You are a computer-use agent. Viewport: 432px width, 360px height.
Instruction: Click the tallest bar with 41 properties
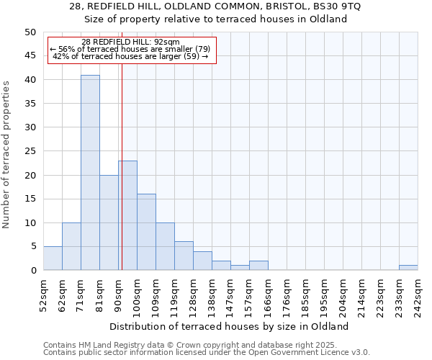[x=90, y=173]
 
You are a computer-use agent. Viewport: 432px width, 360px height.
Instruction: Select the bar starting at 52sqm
[x=53, y=258]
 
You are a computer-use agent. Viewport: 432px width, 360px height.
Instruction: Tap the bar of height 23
[x=127, y=215]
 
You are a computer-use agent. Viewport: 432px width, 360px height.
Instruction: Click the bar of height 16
[x=146, y=232]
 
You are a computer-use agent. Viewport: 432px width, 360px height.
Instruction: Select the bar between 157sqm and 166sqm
[x=258, y=266]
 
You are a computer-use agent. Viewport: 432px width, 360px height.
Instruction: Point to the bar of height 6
[x=184, y=256]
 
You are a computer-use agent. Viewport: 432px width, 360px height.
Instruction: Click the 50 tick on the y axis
[x=30, y=32]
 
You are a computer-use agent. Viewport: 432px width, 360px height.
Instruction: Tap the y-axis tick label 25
[x=30, y=151]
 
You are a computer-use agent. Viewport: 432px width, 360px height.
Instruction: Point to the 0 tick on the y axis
[x=33, y=271]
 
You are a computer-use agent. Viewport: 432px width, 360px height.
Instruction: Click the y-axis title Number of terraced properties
[x=6, y=154]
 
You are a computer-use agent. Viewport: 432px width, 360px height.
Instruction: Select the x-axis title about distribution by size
[x=230, y=326]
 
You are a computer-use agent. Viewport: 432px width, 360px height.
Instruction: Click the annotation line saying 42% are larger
[x=131, y=56]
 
